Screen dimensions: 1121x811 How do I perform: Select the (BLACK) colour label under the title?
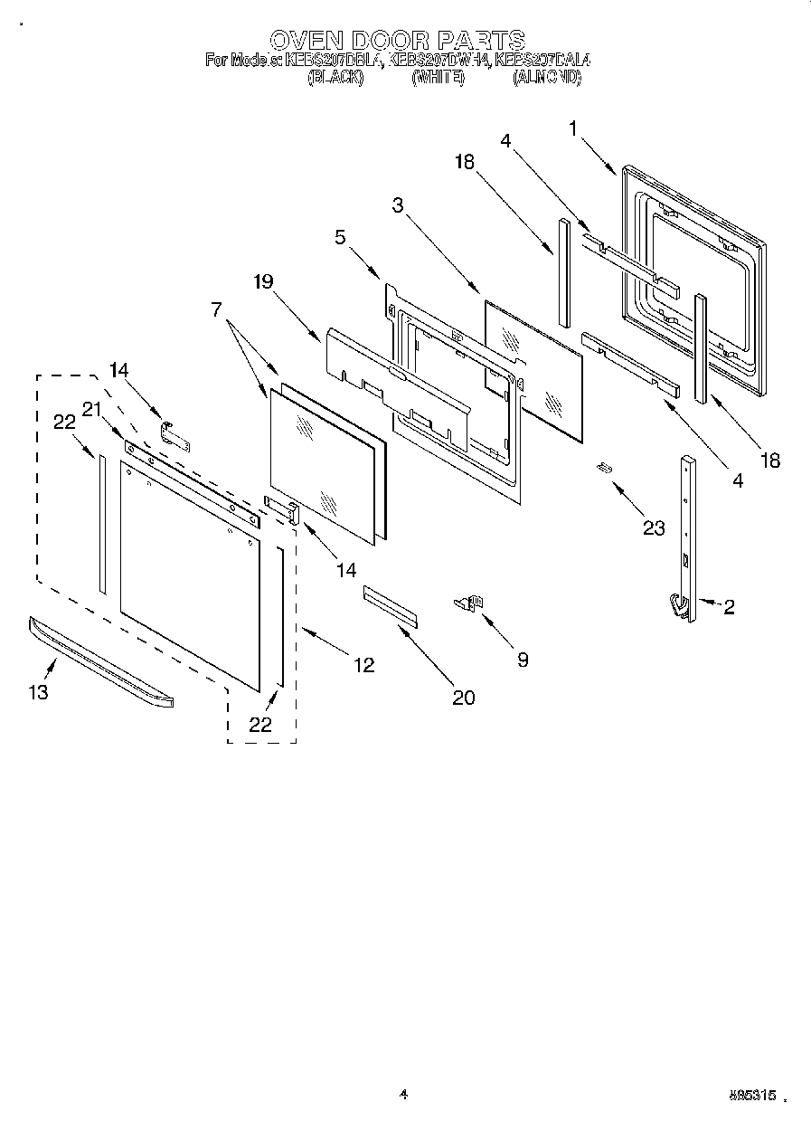[x=335, y=79]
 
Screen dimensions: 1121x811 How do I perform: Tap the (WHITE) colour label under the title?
[x=439, y=79]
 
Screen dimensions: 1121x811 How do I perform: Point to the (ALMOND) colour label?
[x=547, y=79]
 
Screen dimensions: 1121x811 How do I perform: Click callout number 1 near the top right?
[x=573, y=128]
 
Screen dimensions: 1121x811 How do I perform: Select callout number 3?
[x=397, y=204]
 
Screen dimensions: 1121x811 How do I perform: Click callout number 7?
[x=217, y=309]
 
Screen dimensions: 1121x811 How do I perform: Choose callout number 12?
[x=363, y=665]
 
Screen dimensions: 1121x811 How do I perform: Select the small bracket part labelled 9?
[x=470, y=603]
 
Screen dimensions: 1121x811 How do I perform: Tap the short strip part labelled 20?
[x=391, y=604]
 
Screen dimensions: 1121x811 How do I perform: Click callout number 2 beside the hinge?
[x=728, y=607]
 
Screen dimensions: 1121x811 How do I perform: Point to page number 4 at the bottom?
[x=403, y=1095]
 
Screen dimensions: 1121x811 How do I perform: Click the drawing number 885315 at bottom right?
[x=751, y=1096]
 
